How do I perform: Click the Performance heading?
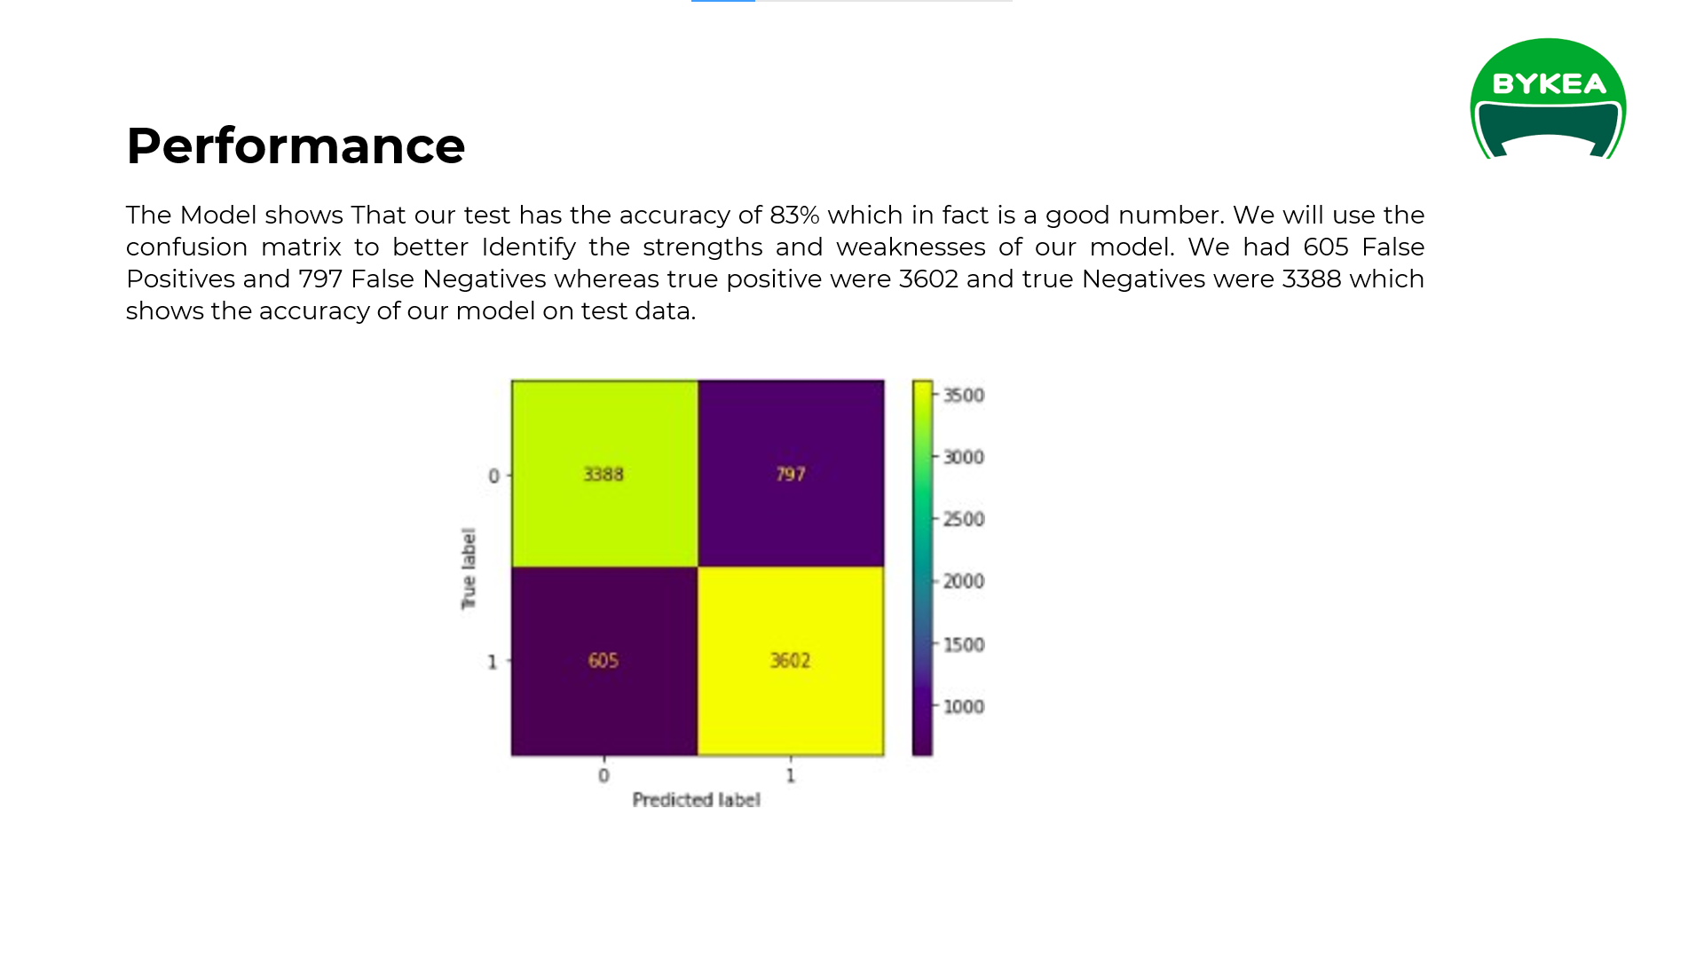(296, 145)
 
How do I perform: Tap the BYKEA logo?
(1548, 98)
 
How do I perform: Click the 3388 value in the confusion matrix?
(603, 475)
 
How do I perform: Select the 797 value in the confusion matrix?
(790, 475)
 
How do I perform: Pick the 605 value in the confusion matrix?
(603, 661)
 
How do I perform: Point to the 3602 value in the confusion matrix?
(790, 661)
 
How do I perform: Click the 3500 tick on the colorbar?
(963, 396)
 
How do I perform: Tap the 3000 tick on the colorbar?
(963, 458)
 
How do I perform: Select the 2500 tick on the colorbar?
(963, 520)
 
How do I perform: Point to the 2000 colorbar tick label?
(963, 582)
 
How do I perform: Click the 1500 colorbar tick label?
(963, 645)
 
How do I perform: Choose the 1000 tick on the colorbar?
(963, 707)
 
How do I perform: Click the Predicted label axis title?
(696, 800)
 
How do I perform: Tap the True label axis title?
(469, 569)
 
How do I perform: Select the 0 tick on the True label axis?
(493, 476)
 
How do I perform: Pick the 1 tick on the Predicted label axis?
(791, 776)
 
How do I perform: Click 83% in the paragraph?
(794, 216)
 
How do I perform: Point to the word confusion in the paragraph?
(186, 247)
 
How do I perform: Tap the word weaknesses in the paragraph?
(911, 247)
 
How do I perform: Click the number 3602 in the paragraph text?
(928, 279)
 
